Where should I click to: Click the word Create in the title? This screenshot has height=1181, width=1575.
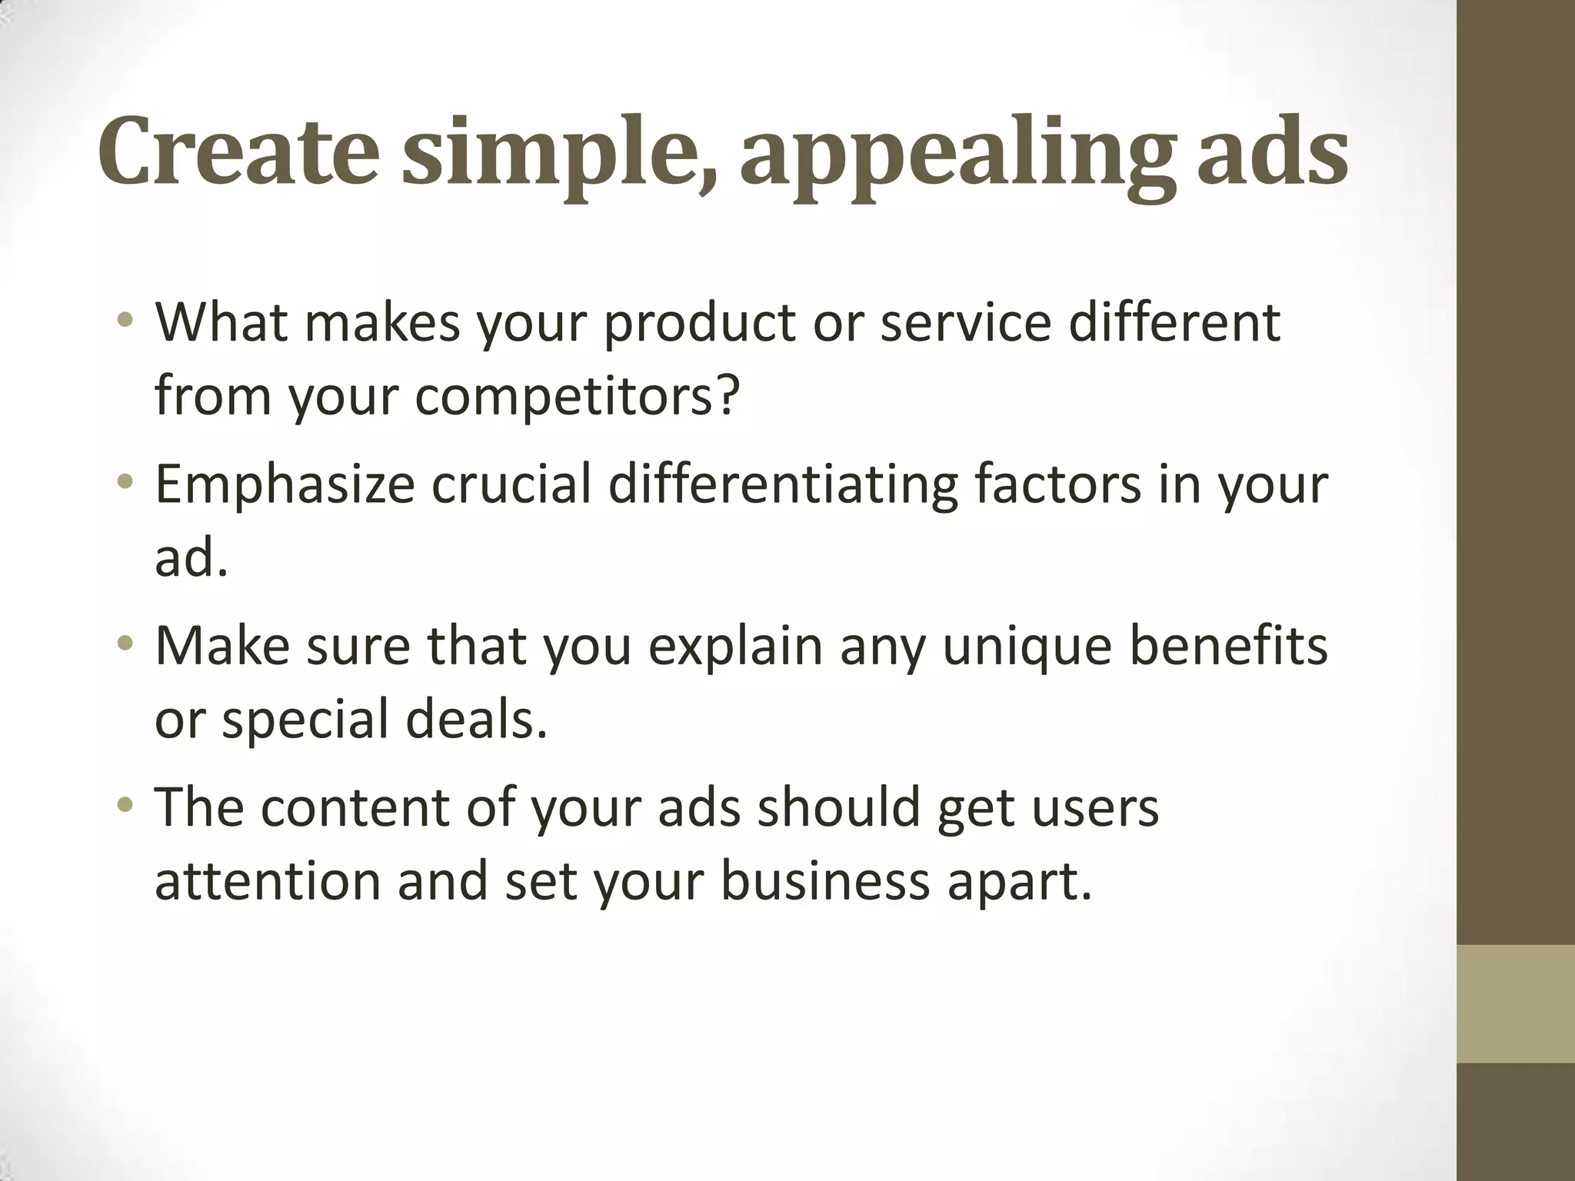tap(238, 151)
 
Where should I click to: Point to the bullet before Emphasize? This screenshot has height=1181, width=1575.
tap(125, 481)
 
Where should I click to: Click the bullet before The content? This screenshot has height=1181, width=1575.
tap(125, 805)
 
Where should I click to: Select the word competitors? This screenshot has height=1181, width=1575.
tap(578, 396)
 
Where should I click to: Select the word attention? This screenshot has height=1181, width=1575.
tap(268, 881)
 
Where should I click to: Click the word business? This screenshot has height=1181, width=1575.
tap(825, 881)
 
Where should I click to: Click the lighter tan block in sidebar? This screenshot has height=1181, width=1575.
tap(1515, 1003)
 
